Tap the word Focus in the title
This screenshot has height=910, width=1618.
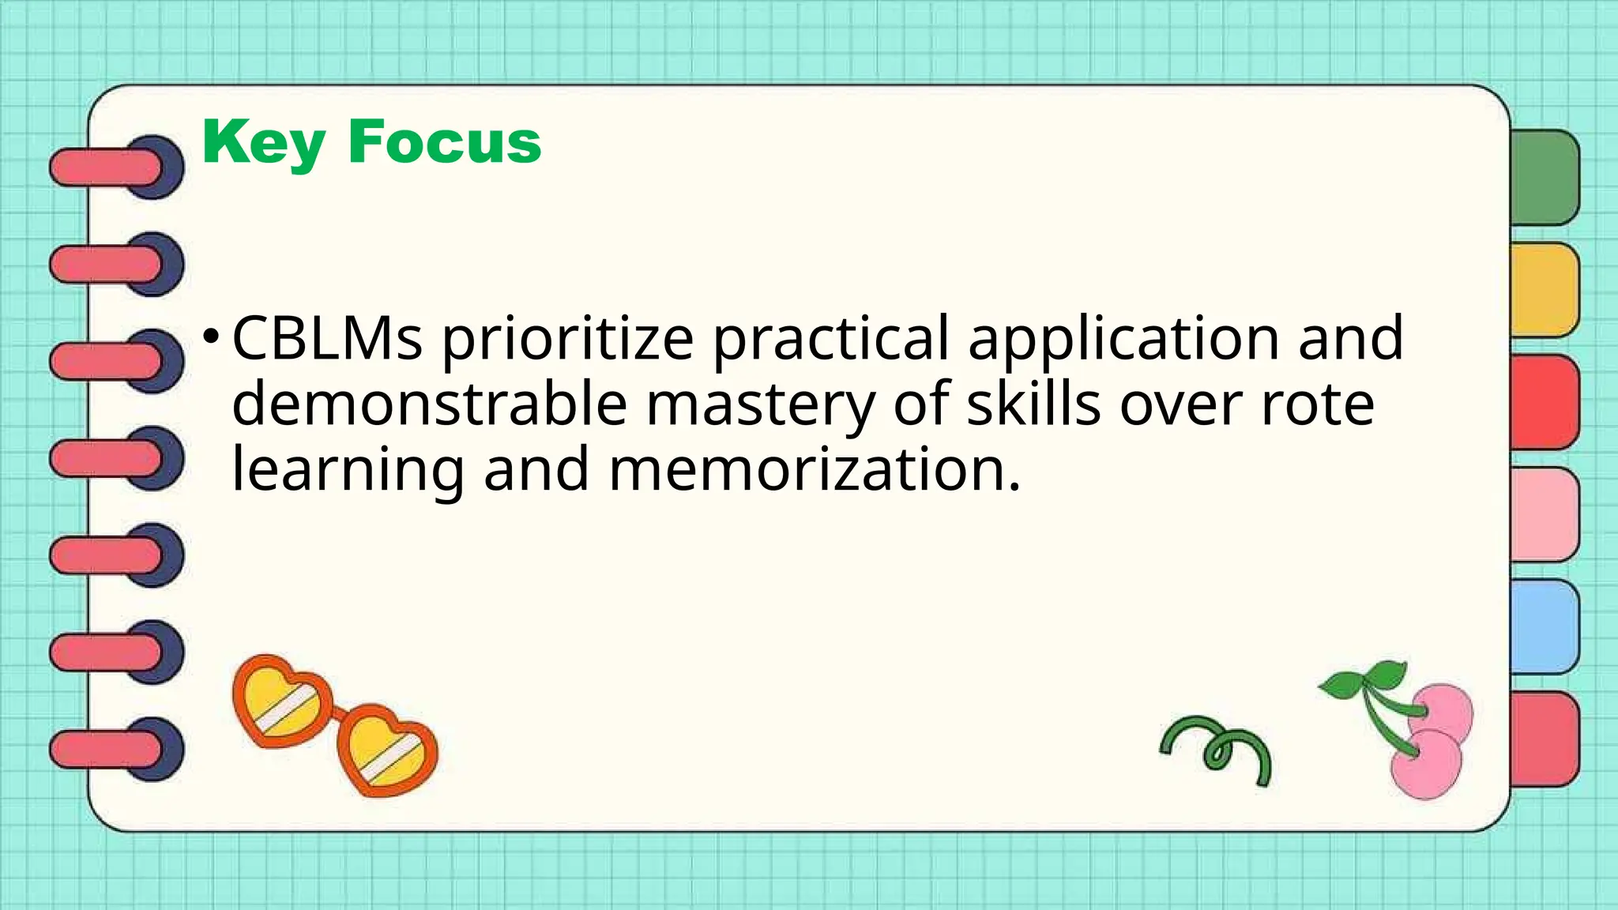click(x=445, y=143)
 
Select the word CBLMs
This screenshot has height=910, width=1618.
click(x=326, y=338)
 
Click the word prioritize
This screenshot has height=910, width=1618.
click(x=567, y=340)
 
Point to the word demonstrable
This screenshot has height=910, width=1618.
click(x=429, y=404)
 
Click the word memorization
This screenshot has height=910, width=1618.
click(x=815, y=469)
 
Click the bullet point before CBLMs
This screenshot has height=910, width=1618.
click(x=210, y=336)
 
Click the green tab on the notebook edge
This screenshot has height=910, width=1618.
click(x=1545, y=178)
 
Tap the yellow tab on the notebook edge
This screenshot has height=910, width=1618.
click(x=1545, y=290)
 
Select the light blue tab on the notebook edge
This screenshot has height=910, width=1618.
click(x=1545, y=626)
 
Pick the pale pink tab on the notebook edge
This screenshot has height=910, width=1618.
click(x=1545, y=514)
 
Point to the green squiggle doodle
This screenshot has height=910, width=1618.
click(x=1217, y=748)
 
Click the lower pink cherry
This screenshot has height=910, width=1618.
click(x=1425, y=763)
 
